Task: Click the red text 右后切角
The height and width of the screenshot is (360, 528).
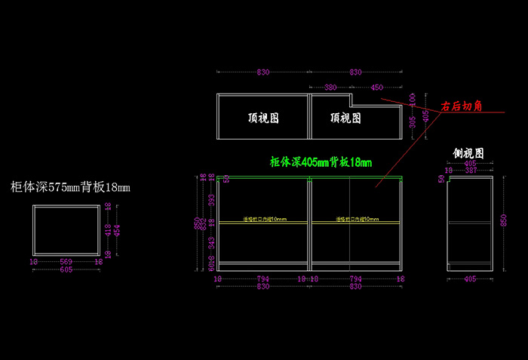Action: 462,107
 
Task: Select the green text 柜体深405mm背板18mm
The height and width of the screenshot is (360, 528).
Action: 321,162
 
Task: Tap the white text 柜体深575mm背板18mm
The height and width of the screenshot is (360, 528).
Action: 70,186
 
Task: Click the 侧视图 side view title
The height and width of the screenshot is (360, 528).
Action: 468,153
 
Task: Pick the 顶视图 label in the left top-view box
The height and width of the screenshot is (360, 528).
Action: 263,118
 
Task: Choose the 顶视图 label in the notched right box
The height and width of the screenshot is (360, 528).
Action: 345,118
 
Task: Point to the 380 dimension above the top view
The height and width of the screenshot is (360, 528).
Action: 330,88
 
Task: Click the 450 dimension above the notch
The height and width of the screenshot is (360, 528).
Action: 376,88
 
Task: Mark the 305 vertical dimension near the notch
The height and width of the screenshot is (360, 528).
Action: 413,123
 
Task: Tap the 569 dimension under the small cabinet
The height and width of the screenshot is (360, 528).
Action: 66,262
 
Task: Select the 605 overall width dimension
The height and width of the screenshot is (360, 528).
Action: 66,269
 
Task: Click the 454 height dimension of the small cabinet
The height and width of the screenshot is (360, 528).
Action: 116,229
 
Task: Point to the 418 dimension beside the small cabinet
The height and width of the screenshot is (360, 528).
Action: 108,229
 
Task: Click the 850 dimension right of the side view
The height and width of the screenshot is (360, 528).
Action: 503,219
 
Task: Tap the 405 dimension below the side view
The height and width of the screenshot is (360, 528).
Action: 469,278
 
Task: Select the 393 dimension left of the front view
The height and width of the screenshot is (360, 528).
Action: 212,199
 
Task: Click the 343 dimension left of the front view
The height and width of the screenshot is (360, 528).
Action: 212,242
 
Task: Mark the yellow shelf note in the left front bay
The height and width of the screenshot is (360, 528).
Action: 265,220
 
